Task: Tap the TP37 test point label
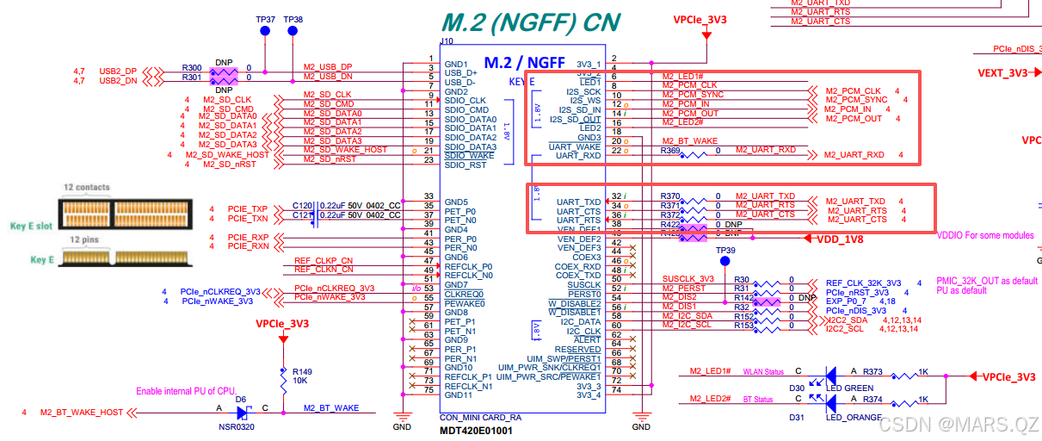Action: tap(266, 19)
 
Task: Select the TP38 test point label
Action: tap(293, 19)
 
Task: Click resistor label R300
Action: tap(192, 67)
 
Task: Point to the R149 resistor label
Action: tap(302, 371)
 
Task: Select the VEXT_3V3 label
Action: tap(1002, 73)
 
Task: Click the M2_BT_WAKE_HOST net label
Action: tap(82, 413)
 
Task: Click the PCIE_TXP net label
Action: tap(248, 209)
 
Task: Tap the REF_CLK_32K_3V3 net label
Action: tap(863, 283)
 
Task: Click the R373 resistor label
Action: tap(872, 372)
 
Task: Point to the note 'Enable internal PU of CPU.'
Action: tap(186, 391)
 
